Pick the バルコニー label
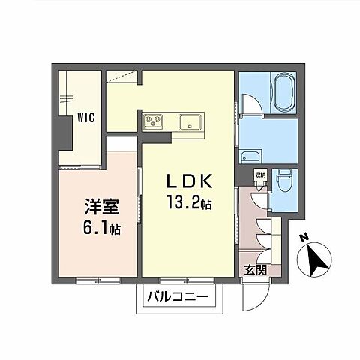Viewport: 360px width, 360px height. point(181,297)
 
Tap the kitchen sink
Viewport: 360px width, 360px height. point(190,119)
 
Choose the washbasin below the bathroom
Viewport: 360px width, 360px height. point(250,157)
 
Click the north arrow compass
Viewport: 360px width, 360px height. point(316,259)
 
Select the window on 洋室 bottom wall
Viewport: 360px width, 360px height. point(97,280)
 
